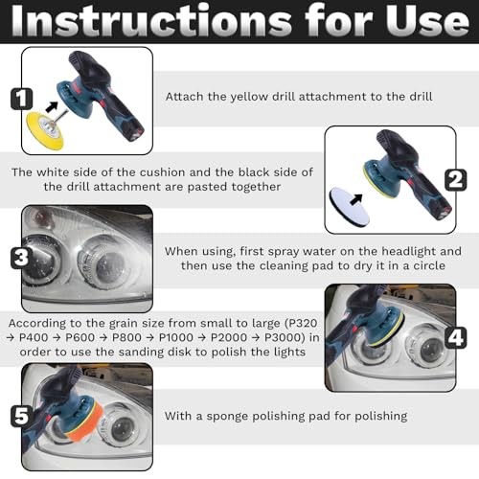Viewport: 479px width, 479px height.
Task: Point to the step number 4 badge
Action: click(x=455, y=336)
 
